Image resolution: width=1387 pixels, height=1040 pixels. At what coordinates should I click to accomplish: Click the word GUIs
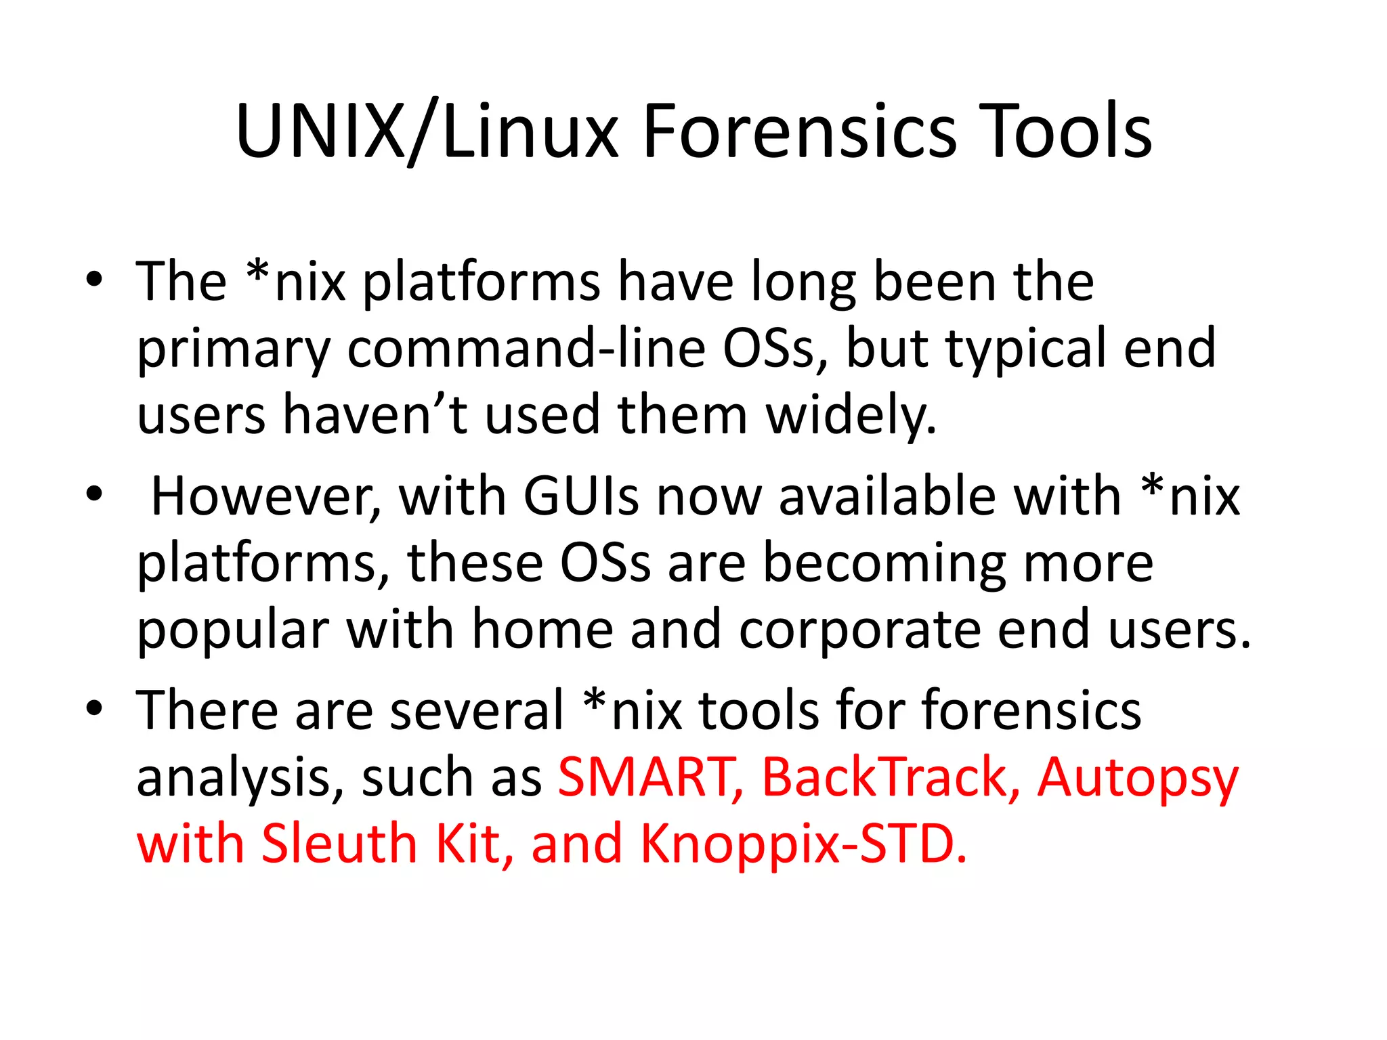[581, 496]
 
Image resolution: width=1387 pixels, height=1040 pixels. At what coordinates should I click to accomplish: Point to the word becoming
[884, 564]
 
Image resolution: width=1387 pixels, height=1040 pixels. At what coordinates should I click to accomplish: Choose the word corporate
[859, 630]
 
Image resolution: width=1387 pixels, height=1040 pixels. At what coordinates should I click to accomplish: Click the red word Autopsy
[1137, 778]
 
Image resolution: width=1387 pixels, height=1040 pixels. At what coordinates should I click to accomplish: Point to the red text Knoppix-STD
[803, 844]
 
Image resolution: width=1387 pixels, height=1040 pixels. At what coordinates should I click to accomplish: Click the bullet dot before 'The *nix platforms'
[94, 279]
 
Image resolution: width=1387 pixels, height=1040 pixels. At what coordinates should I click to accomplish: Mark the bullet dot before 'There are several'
[94, 708]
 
